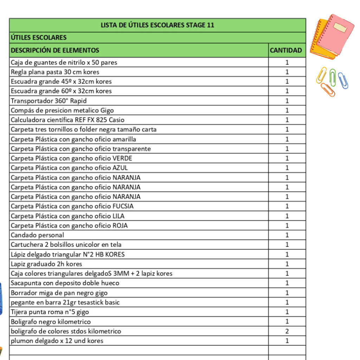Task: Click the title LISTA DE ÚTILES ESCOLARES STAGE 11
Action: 157,25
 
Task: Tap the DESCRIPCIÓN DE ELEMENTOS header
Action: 55,50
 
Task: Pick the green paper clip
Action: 333,77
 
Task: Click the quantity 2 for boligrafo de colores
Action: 287,331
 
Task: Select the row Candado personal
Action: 37,235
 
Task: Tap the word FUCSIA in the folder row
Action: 123,206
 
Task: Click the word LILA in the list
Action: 118,216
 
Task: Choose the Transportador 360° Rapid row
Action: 49,101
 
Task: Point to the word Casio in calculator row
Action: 117,120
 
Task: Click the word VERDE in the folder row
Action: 122,158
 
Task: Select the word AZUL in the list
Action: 120,168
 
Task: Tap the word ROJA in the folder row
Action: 120,226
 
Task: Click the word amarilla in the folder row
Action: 124,139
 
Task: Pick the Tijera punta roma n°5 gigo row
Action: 50,312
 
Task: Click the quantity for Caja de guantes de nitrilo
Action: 287,63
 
